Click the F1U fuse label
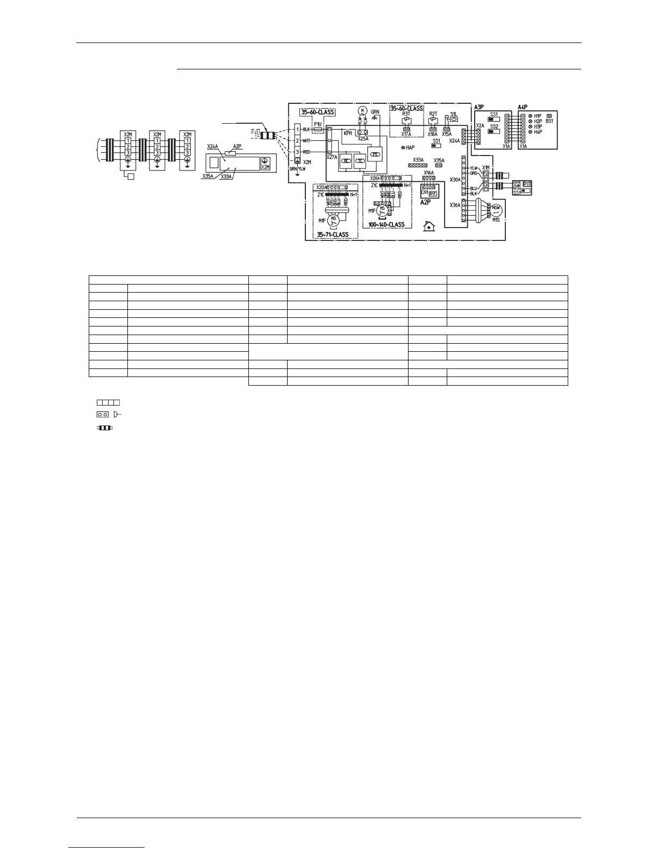pos(318,123)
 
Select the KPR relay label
pos(348,132)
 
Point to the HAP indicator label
pos(410,147)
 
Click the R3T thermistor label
pos(406,114)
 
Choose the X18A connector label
pos(432,134)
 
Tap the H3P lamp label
pos(538,126)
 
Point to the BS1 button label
pos(549,121)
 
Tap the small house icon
pos(429,226)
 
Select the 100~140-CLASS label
pos(387,224)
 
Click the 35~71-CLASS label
pos(332,235)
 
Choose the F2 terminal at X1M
pos(485,173)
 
